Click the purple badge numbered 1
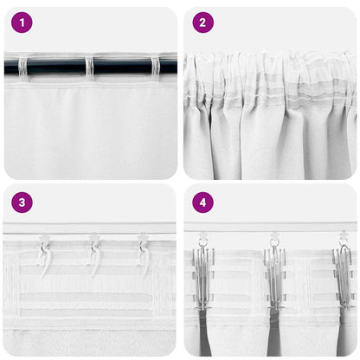(x=22, y=22)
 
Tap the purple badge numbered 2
(x=202, y=22)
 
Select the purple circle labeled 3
(x=22, y=202)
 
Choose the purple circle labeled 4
(x=202, y=202)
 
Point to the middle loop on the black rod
(x=88, y=66)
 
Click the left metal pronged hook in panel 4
(x=203, y=273)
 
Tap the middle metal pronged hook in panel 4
(x=274, y=273)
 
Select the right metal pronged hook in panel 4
(x=344, y=273)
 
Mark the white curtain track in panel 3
(x=90, y=228)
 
